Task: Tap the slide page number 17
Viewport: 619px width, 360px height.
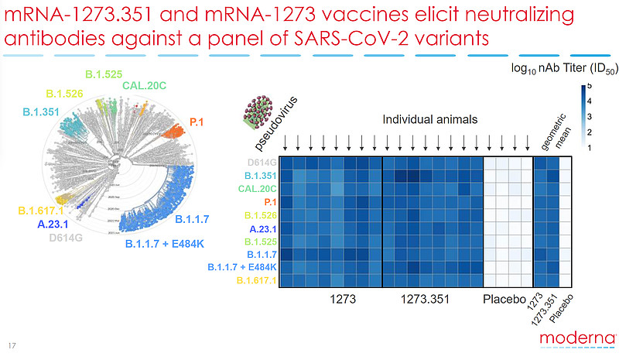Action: (11, 345)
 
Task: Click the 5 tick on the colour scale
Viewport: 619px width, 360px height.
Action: (589, 86)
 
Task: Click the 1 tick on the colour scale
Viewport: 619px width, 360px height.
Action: (589, 146)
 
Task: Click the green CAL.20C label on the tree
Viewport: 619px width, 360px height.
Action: (145, 85)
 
